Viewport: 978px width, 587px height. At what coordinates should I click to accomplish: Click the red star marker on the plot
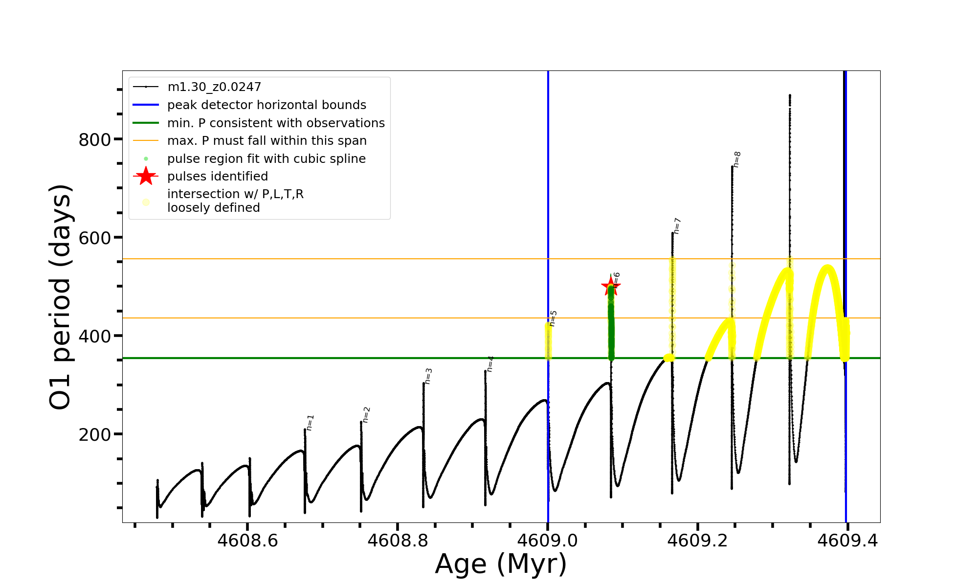611,287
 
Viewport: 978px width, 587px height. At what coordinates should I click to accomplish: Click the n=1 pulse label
310,423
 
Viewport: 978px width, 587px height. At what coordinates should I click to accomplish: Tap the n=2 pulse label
366,415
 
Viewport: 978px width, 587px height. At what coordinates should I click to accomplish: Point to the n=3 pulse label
428,376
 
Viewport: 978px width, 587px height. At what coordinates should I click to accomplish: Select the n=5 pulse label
553,318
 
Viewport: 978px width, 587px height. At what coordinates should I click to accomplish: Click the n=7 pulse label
677,226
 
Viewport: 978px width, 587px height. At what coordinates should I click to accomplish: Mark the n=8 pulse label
737,159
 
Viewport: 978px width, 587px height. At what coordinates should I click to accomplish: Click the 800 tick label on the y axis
95,140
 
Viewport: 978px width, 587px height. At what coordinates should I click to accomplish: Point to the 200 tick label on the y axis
95,434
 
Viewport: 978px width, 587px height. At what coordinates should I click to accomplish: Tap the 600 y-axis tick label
95,238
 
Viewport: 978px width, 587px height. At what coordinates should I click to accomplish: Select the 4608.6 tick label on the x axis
247,541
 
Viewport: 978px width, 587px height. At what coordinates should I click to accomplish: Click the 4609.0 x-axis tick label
548,541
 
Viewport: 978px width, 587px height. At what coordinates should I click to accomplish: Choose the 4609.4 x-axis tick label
848,541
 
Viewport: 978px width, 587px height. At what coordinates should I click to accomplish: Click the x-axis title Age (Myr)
501,564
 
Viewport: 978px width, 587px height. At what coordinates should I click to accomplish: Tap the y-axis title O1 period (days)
61,297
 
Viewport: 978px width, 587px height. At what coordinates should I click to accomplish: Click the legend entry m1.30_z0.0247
214,87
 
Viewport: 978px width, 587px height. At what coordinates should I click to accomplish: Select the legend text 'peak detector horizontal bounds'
267,105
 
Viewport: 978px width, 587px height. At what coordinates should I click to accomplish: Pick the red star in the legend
146,176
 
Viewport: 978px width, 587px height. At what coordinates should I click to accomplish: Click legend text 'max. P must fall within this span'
267,141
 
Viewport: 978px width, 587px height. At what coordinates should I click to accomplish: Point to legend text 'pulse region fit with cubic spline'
266,159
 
